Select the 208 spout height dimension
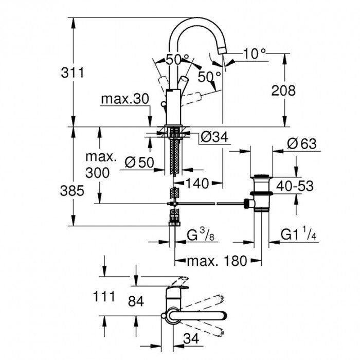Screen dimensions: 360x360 click(x=284, y=91)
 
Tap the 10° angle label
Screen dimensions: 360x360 click(x=255, y=53)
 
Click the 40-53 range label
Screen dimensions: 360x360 click(x=295, y=186)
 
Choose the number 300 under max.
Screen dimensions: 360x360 click(x=97, y=172)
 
